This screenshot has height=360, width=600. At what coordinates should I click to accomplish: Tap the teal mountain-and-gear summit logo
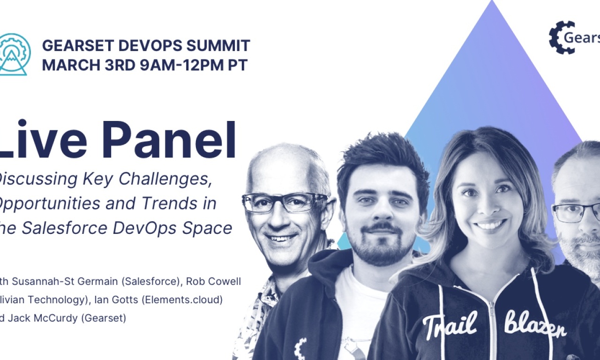point(14,54)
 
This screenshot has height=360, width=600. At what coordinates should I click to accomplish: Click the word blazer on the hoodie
point(535,324)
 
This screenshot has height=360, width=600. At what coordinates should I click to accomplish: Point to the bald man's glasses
point(284,202)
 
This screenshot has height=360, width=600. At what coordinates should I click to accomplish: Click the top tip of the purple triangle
point(492,3)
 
